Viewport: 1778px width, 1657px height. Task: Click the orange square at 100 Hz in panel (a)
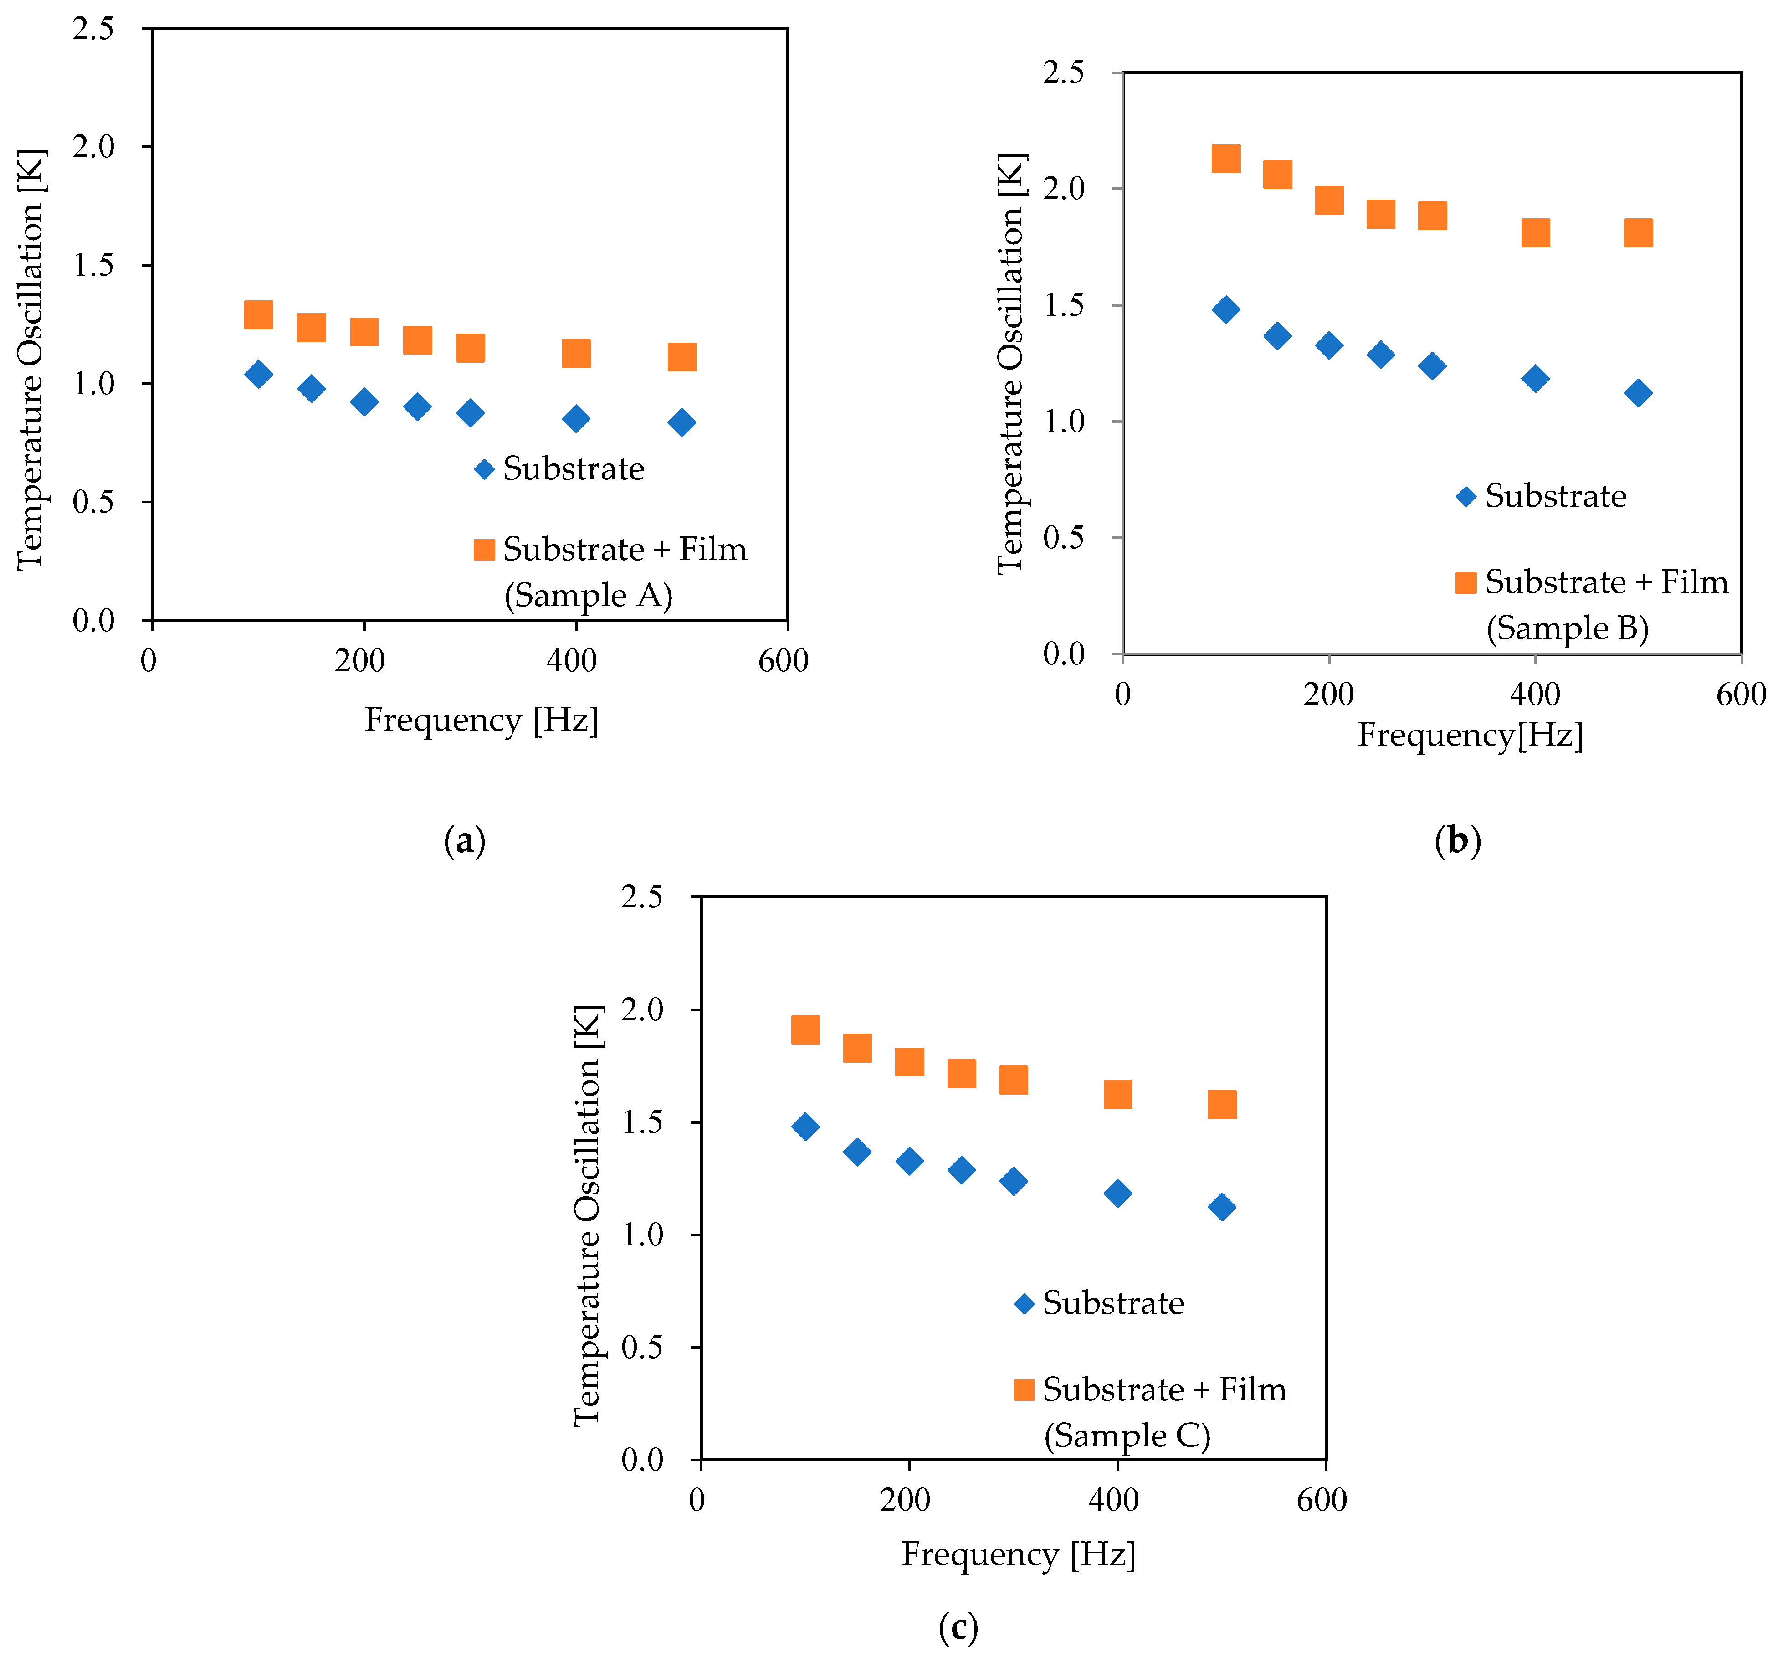[x=258, y=315]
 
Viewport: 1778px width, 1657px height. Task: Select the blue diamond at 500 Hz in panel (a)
[x=681, y=422]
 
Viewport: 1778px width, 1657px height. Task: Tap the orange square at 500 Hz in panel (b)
[x=1638, y=232]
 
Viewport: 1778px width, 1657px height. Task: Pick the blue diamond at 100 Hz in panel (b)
[x=1225, y=309]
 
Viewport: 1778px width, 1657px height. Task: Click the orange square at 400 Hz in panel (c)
[x=1117, y=1093]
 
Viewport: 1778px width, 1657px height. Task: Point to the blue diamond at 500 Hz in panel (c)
[x=1221, y=1207]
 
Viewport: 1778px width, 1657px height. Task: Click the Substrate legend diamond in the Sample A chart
[x=484, y=470]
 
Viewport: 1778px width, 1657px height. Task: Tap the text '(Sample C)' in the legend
[x=1127, y=1436]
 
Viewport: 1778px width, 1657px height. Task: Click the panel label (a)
[x=464, y=841]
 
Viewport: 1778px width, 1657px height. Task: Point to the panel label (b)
[x=1457, y=841]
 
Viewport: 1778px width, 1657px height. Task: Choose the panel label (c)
[x=958, y=1626]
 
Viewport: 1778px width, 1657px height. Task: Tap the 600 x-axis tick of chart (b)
[x=1740, y=695]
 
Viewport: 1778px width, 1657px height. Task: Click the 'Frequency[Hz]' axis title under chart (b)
[x=1470, y=735]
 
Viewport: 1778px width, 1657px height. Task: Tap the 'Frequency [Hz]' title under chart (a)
[x=481, y=719]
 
